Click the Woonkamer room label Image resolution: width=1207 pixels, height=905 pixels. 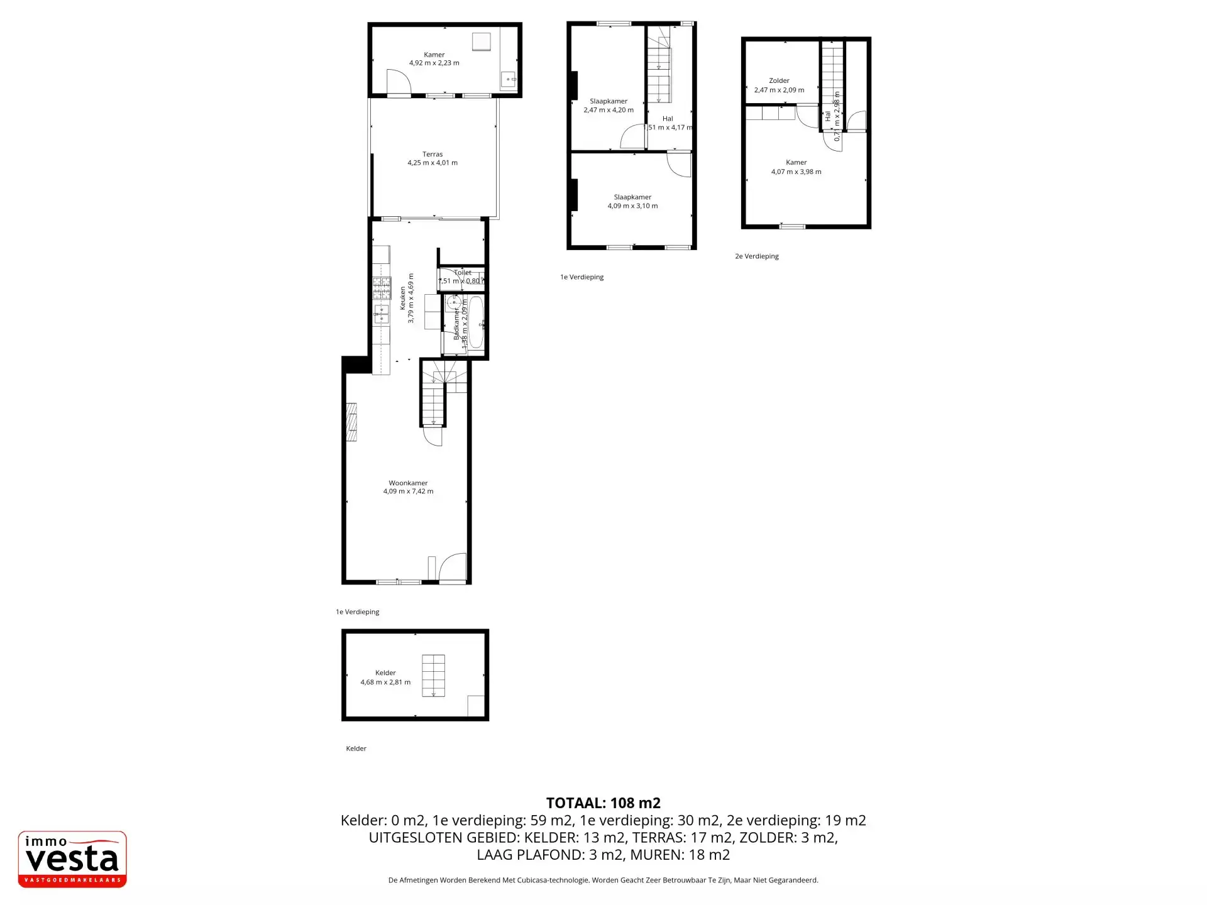408,483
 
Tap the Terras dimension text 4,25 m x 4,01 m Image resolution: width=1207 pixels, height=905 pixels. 433,163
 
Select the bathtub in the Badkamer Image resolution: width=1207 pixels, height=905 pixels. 476,322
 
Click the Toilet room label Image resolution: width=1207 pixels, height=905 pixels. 463,273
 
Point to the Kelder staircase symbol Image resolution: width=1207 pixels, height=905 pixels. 433,676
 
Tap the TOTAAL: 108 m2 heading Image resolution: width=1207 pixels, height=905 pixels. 603,803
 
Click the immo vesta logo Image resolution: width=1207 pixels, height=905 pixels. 72,859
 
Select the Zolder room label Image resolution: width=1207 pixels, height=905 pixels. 779,80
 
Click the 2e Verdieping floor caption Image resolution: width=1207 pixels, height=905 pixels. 757,256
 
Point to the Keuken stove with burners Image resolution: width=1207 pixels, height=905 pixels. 382,288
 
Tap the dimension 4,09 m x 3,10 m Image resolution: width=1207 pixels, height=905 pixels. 632,206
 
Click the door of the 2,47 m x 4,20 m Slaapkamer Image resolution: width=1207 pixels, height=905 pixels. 632,138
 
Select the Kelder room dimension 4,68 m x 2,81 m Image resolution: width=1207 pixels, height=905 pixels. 385,682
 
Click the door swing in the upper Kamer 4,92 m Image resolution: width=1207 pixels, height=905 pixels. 398,82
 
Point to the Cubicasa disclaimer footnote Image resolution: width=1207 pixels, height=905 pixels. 603,880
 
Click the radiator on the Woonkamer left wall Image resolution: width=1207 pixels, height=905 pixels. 351,422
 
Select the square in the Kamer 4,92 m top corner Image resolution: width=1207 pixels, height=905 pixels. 482,41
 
